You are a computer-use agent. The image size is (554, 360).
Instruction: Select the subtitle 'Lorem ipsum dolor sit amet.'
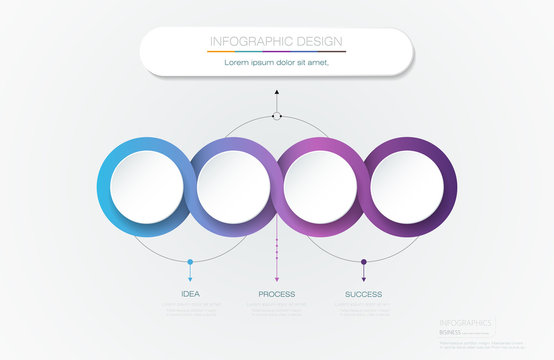coord(276,62)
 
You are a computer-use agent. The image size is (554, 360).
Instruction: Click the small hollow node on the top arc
coord(277,117)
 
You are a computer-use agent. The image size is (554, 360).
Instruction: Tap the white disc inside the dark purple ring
coord(407,186)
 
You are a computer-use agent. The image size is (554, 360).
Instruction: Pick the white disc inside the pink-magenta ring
coord(320,186)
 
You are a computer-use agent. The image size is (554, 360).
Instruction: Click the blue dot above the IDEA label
coord(190,262)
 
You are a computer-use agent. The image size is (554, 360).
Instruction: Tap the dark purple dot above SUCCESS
coord(364,262)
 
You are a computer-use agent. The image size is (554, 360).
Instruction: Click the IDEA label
coord(190,294)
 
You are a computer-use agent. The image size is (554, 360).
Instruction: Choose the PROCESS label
coord(277,294)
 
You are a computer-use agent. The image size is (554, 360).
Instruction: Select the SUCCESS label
coord(364,294)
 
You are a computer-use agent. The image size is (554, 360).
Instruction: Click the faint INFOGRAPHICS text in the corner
coord(465,323)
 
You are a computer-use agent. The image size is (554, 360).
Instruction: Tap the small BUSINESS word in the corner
coord(451,332)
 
